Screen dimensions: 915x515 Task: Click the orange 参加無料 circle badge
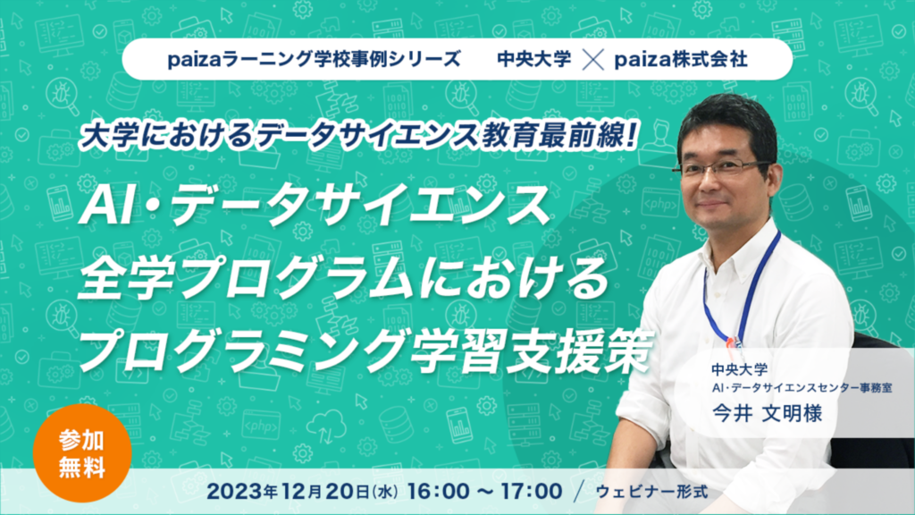(82, 453)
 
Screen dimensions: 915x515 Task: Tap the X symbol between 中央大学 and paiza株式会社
(593, 60)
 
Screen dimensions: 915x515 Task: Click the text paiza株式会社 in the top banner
(681, 59)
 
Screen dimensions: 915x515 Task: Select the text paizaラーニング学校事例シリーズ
(314, 59)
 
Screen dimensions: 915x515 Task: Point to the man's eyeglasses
(722, 168)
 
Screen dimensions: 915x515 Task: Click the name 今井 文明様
(767, 413)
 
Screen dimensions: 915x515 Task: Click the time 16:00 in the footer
(440, 491)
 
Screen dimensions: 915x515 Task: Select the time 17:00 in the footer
(532, 491)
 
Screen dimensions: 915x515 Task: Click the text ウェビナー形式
(651, 492)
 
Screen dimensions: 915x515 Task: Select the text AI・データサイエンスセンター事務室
(802, 388)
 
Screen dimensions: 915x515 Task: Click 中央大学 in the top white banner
(534, 59)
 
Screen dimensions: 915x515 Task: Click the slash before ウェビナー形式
(578, 491)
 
